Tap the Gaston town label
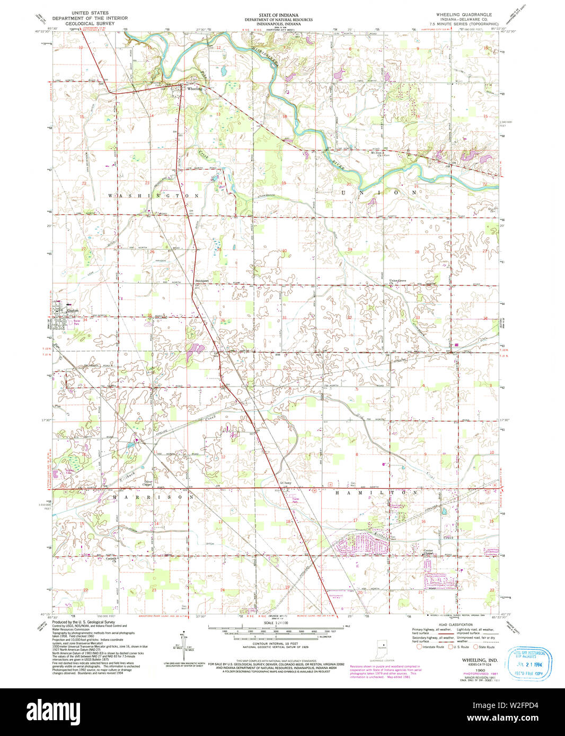(x=73, y=310)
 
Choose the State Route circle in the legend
(x=475, y=647)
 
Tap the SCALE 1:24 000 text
(x=276, y=623)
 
